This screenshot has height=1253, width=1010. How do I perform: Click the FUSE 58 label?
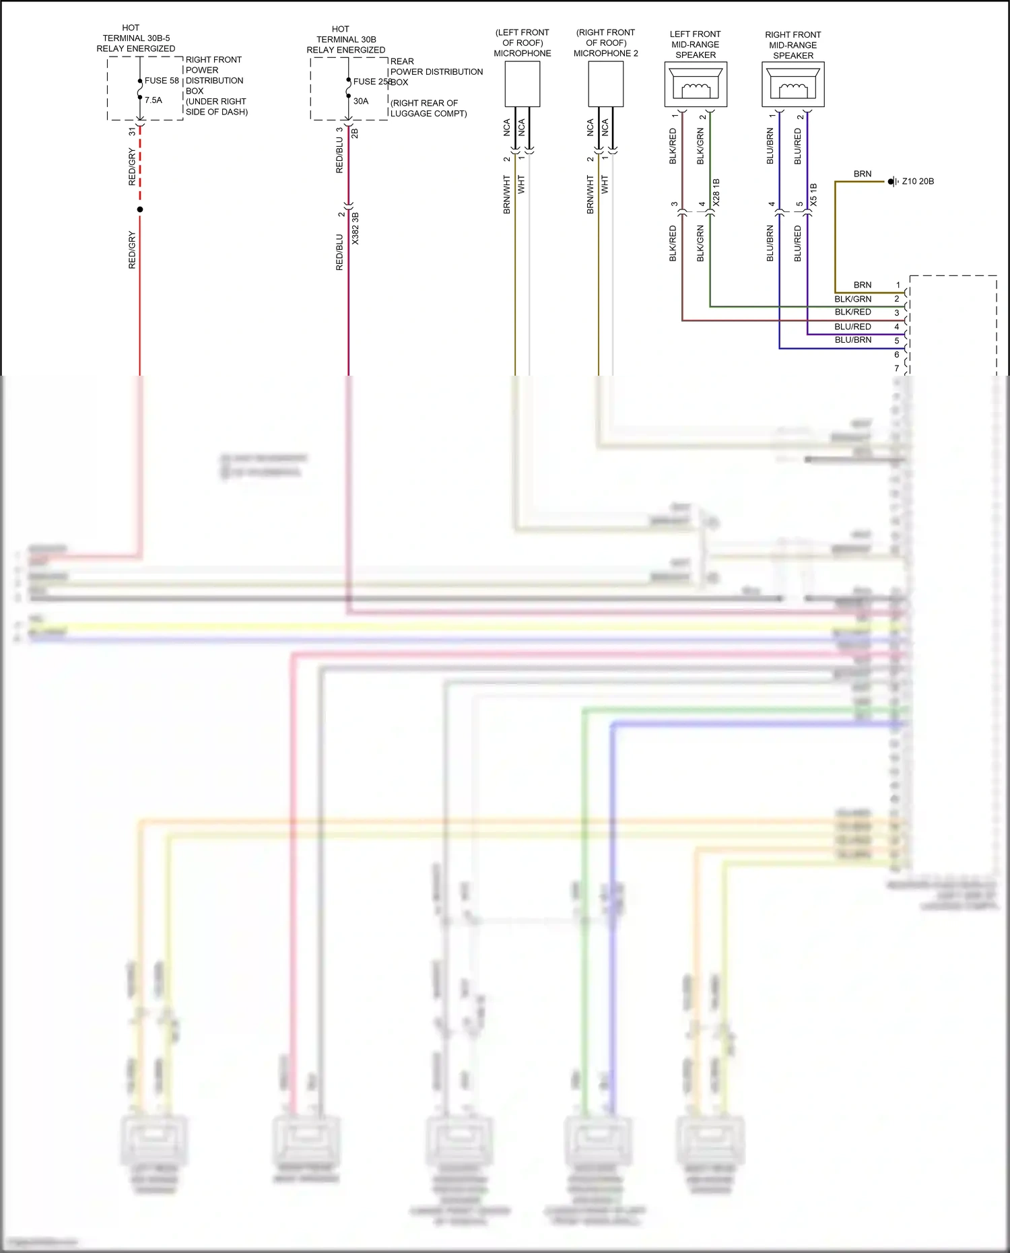point(162,81)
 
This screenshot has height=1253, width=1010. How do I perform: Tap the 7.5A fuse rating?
point(154,100)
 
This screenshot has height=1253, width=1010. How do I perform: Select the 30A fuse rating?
point(361,102)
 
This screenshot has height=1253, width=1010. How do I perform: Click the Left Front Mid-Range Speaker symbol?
point(696,84)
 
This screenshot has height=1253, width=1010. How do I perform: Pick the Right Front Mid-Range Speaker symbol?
point(793,84)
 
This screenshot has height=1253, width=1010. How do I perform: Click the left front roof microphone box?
point(523,84)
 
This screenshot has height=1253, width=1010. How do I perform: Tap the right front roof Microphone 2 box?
point(605,84)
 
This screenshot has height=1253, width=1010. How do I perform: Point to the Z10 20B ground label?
point(918,182)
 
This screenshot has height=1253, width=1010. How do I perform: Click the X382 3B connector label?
point(356,228)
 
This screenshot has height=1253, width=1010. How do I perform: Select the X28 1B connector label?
point(716,193)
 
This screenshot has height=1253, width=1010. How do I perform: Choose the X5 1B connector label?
point(813,195)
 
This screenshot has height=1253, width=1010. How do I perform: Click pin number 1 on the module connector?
point(898,285)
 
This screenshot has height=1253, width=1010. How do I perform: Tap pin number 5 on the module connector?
point(897,341)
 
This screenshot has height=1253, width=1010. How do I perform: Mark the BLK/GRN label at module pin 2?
point(853,299)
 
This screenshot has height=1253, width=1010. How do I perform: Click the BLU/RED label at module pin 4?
point(853,327)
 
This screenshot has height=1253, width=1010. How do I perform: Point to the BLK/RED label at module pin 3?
point(853,312)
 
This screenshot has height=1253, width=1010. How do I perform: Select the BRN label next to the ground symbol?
point(863,174)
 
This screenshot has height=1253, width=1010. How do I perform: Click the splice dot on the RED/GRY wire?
point(140,209)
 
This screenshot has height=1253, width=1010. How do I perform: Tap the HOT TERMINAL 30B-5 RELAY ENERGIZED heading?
point(135,38)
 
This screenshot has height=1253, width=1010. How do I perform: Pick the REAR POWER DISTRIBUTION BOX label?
point(436,71)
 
